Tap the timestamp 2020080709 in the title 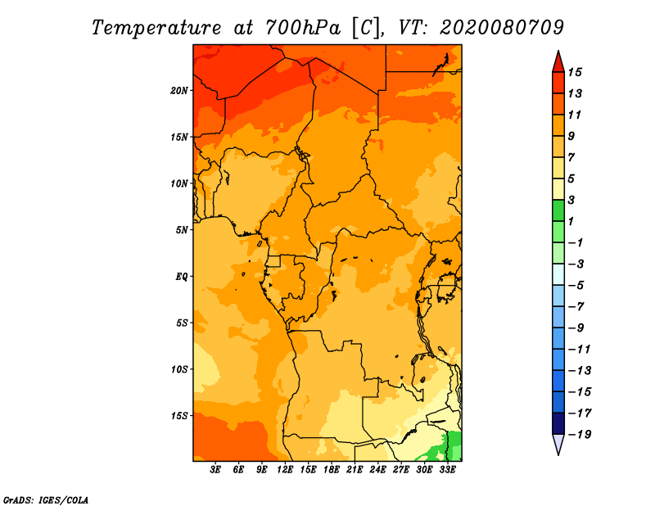[x=502, y=27]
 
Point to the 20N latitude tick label [x=179, y=90]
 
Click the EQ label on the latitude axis [x=182, y=276]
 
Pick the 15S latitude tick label [x=179, y=415]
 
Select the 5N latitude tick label [x=182, y=229]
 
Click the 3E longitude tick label [x=216, y=470]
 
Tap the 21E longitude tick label [x=355, y=470]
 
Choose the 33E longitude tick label [x=448, y=470]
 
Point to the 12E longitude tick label [x=286, y=470]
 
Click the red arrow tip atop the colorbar [x=558, y=61]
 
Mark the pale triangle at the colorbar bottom [x=558, y=445]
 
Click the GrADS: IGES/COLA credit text [x=45, y=499]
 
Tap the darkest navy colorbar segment [x=558, y=423]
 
